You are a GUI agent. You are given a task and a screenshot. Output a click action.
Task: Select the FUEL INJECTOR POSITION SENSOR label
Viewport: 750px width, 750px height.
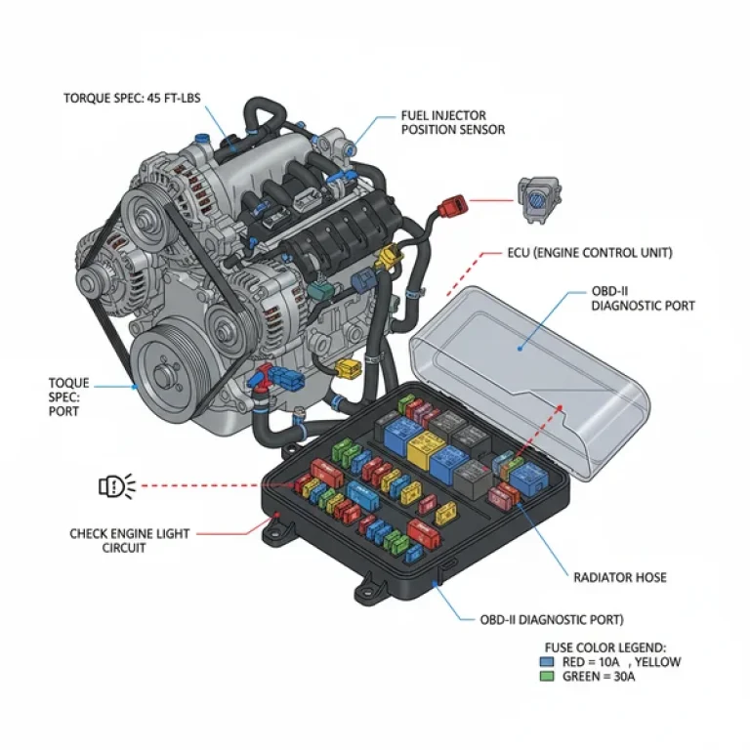[x=453, y=122]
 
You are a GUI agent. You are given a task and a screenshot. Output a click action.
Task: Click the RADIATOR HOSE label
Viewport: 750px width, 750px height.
[x=619, y=577]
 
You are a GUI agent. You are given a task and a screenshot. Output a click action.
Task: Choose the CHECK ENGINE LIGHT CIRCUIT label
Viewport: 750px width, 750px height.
[x=130, y=541]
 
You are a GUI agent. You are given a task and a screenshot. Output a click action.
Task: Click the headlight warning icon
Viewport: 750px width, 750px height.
[x=115, y=483]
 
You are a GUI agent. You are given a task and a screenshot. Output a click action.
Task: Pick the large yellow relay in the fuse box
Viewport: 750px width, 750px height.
[x=427, y=451]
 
